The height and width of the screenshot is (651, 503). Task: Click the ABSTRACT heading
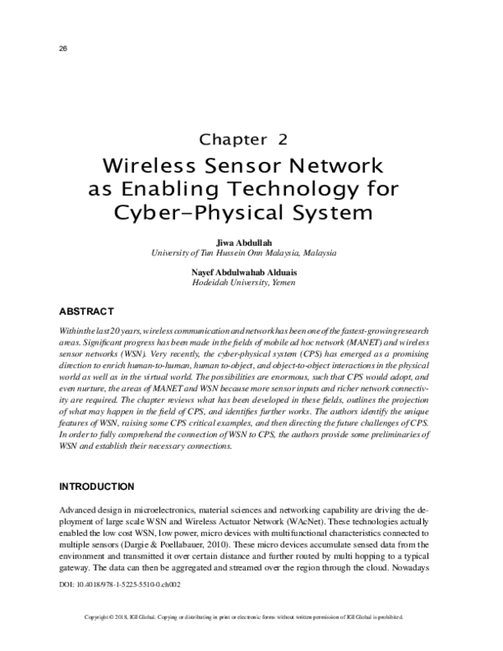pos(88,312)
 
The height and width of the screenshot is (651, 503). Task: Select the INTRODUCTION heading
pos(97,487)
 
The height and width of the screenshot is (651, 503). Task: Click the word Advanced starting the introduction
pos(76,510)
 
